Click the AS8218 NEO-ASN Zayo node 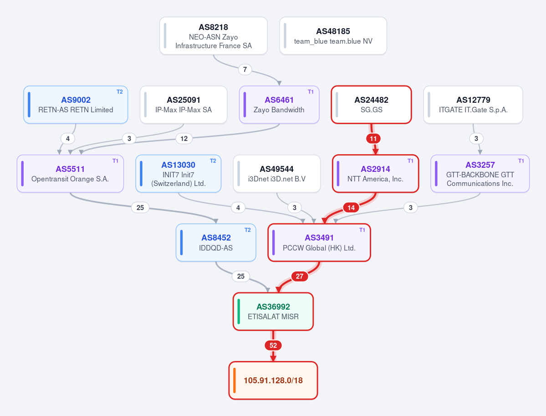[214, 36]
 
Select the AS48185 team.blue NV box [333, 36]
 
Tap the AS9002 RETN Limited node [76, 105]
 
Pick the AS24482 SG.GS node [372, 105]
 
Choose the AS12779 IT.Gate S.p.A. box [473, 105]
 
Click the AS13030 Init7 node [179, 173]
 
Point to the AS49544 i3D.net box [277, 173]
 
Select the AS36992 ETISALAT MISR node [273, 311]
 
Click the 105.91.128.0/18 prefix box [273, 380]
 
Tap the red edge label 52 [273, 346]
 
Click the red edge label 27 [300, 276]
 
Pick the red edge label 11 [373, 139]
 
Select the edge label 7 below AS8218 [245, 70]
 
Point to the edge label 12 [184, 139]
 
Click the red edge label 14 [351, 208]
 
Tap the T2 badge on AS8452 [248, 230]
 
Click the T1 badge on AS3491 [362, 230]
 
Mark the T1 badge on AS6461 [311, 92]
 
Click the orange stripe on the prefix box [235, 380]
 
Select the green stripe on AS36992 [239, 311]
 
